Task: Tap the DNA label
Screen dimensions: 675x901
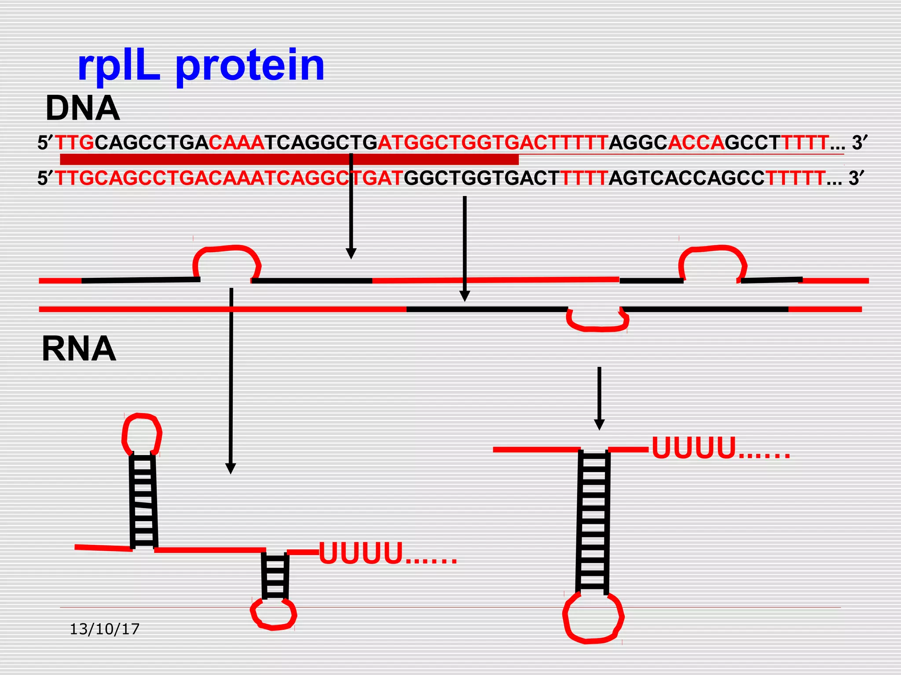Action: [x=83, y=109]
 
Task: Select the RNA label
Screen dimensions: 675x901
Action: [x=79, y=349]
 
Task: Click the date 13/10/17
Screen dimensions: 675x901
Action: [x=105, y=629]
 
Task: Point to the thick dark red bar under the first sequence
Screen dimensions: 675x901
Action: [x=289, y=159]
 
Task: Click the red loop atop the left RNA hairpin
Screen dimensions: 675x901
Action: [x=142, y=434]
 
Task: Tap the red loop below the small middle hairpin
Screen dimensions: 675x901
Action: [x=273, y=613]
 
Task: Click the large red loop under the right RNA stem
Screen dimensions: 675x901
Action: [x=593, y=617]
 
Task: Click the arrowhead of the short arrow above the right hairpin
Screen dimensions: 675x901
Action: [x=599, y=425]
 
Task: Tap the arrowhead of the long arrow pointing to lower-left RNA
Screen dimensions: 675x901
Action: [x=231, y=468]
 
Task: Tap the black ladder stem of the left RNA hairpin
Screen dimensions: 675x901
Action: [x=143, y=501]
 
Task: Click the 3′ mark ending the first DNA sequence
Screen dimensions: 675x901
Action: [x=860, y=143]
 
